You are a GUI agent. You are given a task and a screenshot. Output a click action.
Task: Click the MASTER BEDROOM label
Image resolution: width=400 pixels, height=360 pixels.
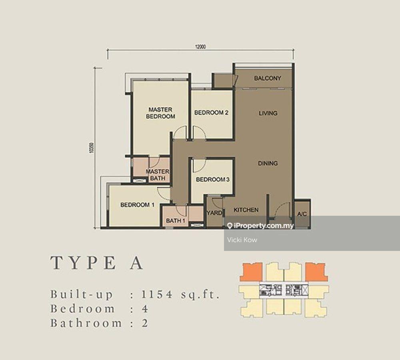(x=160, y=113)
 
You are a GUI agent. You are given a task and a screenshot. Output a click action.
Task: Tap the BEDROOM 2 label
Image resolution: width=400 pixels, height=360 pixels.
(x=211, y=113)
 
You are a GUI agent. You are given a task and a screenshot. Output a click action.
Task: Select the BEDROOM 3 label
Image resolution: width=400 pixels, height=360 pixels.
(x=212, y=180)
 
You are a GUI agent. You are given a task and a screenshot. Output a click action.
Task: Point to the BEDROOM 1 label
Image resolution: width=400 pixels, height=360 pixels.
(x=137, y=205)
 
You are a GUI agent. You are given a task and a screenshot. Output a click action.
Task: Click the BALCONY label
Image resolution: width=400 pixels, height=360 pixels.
(x=268, y=78)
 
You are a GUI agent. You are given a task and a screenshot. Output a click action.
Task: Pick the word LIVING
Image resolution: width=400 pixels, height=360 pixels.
(x=268, y=113)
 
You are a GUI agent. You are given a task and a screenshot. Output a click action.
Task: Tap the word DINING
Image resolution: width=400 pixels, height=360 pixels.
(x=268, y=163)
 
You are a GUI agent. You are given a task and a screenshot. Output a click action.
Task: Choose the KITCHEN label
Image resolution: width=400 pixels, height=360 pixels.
(x=246, y=210)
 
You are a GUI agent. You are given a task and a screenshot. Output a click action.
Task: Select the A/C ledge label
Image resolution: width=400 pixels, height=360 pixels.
(x=302, y=214)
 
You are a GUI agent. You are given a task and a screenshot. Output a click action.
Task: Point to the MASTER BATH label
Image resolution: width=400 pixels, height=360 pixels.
(x=158, y=175)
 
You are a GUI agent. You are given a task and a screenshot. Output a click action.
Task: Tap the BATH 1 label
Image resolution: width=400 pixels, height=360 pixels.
(x=176, y=221)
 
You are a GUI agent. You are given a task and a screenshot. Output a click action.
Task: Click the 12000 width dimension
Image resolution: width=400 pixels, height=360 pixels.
(x=200, y=47)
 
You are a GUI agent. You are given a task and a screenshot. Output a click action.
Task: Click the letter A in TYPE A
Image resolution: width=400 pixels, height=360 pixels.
(x=136, y=264)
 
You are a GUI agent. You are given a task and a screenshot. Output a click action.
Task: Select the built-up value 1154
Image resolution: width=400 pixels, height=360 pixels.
(x=157, y=295)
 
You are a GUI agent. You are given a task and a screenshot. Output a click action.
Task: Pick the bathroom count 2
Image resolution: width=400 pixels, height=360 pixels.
(x=145, y=323)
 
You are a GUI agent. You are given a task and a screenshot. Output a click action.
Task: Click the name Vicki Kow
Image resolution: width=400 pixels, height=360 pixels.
(x=242, y=240)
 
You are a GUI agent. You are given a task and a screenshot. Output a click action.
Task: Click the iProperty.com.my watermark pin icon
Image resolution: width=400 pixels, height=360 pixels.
(x=230, y=226)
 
